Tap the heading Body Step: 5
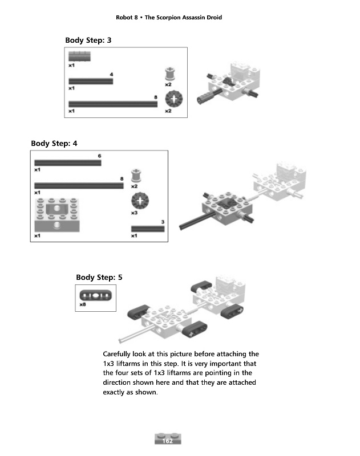[99, 277]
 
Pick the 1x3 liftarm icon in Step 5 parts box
[95, 296]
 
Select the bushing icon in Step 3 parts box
[169, 73]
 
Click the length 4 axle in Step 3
[91, 81]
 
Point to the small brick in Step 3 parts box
[79, 56]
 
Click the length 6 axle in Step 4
[67, 162]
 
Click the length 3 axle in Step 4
[148, 229]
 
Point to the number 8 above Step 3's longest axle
[156, 97]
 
